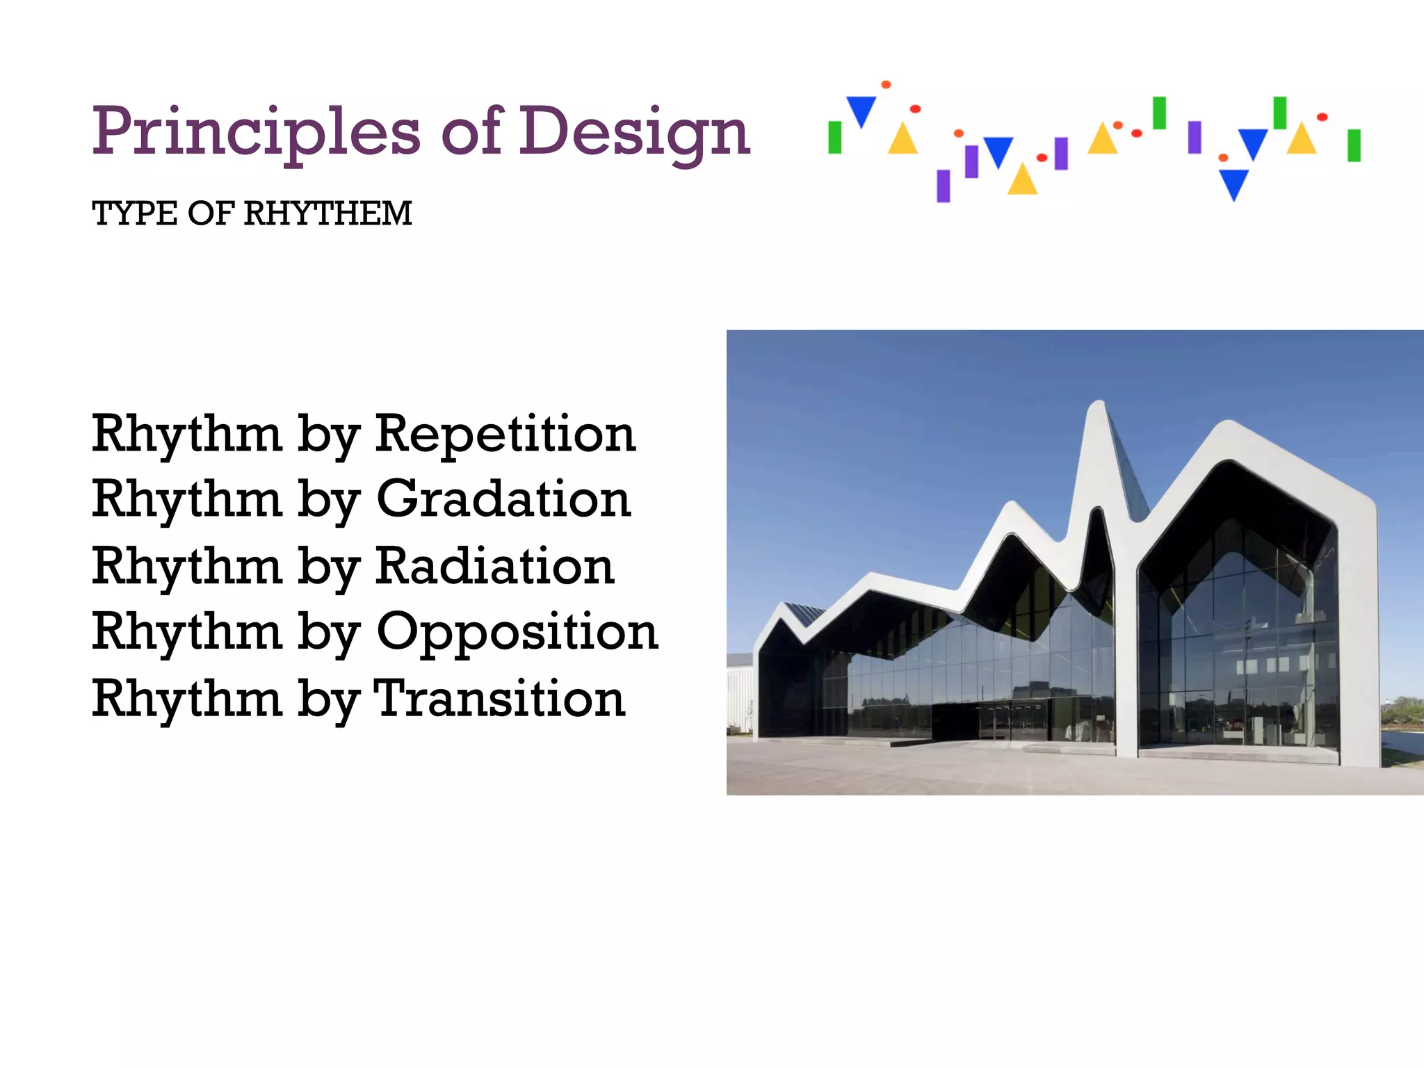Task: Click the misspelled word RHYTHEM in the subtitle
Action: point(327,213)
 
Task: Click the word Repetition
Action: point(505,434)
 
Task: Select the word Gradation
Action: point(503,499)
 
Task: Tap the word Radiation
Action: point(495,566)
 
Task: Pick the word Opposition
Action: point(517,633)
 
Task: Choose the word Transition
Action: point(499,698)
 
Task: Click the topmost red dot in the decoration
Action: point(886,85)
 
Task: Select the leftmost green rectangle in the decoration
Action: point(835,138)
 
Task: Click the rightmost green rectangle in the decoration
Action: point(1354,145)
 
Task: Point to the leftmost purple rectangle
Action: point(944,186)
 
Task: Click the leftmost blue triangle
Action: point(861,110)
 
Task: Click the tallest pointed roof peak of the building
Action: point(1098,407)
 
